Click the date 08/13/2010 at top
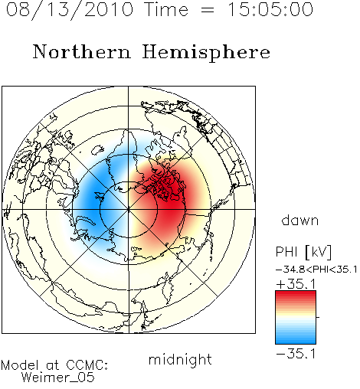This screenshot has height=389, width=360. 70,10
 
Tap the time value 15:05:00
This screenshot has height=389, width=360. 270,10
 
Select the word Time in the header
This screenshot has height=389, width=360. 166,10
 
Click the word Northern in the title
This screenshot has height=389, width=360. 82,51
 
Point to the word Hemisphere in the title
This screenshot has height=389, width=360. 206,52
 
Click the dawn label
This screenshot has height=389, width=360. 300,221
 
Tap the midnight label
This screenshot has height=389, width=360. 180,359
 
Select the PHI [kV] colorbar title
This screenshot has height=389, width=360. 303,252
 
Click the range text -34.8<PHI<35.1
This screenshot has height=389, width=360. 316,270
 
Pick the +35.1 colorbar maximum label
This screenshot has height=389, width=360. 296,284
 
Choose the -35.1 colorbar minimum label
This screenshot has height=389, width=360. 296,354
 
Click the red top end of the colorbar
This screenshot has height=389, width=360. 296,293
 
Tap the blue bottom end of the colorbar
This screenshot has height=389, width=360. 296,341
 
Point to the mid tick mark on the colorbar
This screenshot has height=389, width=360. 318,317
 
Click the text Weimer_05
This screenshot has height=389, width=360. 57,378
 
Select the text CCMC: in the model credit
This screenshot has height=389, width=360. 87,365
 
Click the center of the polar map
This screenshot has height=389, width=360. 129,209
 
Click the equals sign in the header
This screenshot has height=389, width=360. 208,11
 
